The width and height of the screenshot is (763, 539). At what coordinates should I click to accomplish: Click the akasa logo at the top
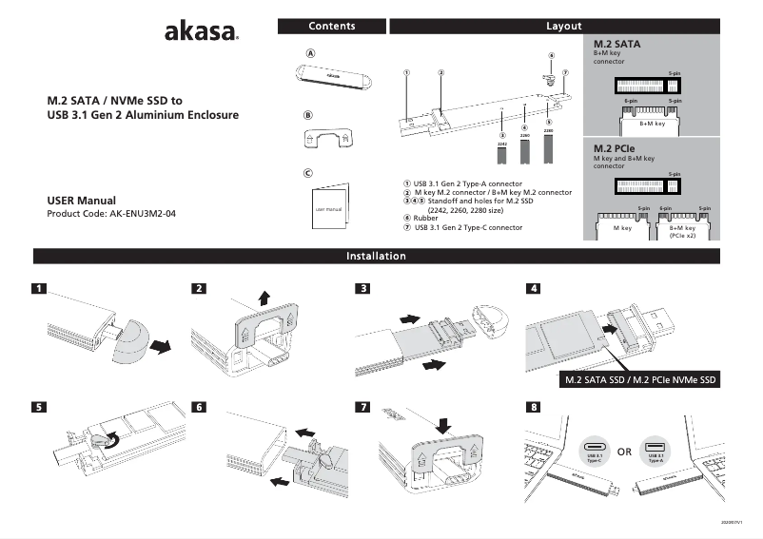(x=201, y=33)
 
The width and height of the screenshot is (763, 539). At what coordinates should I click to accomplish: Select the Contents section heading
(x=332, y=27)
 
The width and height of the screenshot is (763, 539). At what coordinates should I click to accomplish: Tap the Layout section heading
(x=563, y=27)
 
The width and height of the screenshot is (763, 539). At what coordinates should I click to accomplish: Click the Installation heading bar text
(x=376, y=256)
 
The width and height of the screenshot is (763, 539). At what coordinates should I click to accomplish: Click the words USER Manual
(x=81, y=201)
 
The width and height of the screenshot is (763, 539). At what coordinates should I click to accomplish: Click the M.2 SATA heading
(x=616, y=45)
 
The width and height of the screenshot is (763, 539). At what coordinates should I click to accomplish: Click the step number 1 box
(x=38, y=288)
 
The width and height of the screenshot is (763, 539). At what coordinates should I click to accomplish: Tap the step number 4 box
(x=534, y=288)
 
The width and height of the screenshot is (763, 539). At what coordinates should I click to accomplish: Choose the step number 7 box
(x=362, y=407)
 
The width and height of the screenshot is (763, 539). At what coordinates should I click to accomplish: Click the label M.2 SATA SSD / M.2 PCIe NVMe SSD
(x=639, y=380)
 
